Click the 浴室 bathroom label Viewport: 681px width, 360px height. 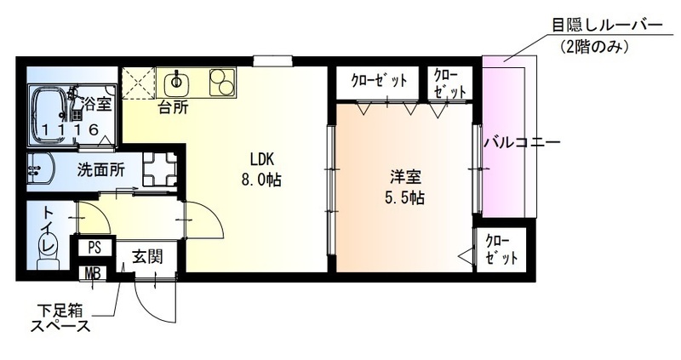click(96, 105)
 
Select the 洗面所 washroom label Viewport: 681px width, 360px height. click(100, 169)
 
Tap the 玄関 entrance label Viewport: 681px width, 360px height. click(146, 256)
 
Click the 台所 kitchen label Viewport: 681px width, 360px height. click(173, 107)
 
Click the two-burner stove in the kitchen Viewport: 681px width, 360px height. click(220, 83)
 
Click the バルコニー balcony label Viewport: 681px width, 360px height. click(521, 142)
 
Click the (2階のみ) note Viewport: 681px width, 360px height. click(595, 48)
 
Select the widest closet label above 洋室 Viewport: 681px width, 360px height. click(379, 81)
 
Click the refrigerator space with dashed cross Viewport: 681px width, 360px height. click(136, 83)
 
